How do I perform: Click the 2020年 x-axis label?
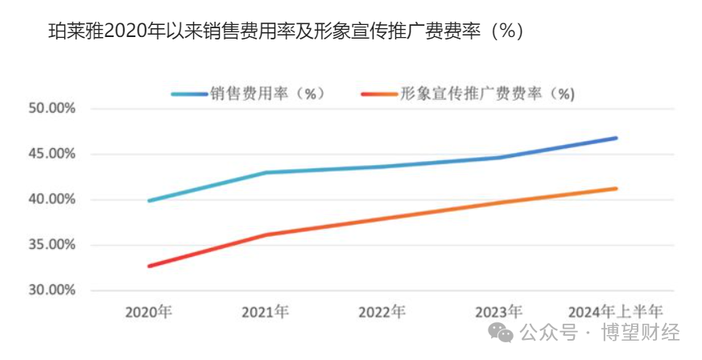click(x=148, y=312)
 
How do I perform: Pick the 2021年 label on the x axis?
click(x=266, y=312)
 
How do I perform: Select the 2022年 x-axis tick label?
click(x=382, y=312)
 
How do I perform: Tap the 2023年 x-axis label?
click(x=499, y=312)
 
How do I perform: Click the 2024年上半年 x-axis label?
click(x=616, y=312)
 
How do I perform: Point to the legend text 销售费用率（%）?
click(x=266, y=93)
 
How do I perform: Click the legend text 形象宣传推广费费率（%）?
click(x=488, y=93)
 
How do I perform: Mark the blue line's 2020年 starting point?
click(x=149, y=201)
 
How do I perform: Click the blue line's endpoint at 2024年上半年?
click(x=616, y=138)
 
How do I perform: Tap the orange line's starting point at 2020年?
click(x=149, y=266)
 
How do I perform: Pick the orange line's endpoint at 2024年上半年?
click(x=616, y=188)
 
